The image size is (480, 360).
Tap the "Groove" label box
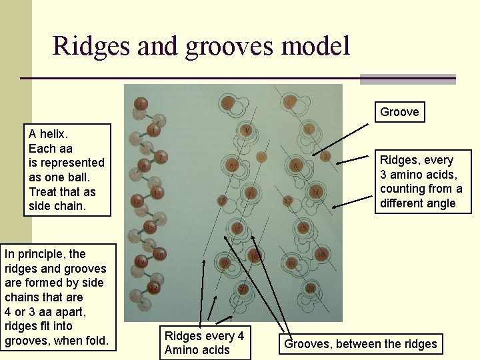tap(399, 112)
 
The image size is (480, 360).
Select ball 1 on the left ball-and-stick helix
tap(141, 103)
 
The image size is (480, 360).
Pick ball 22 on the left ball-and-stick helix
tap(153, 289)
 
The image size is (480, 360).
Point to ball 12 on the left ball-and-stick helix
tap(137, 201)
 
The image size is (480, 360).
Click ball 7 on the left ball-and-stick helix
tap(161, 158)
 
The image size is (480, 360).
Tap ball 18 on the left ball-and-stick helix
tap(159, 255)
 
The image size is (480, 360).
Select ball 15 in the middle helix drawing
tap(237, 228)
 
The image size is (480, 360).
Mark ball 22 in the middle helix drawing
tap(243, 289)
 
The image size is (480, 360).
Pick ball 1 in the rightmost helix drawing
tap(289, 103)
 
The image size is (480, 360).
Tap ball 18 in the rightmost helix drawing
tap(321, 255)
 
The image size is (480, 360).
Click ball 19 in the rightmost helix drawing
tap(292, 263)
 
